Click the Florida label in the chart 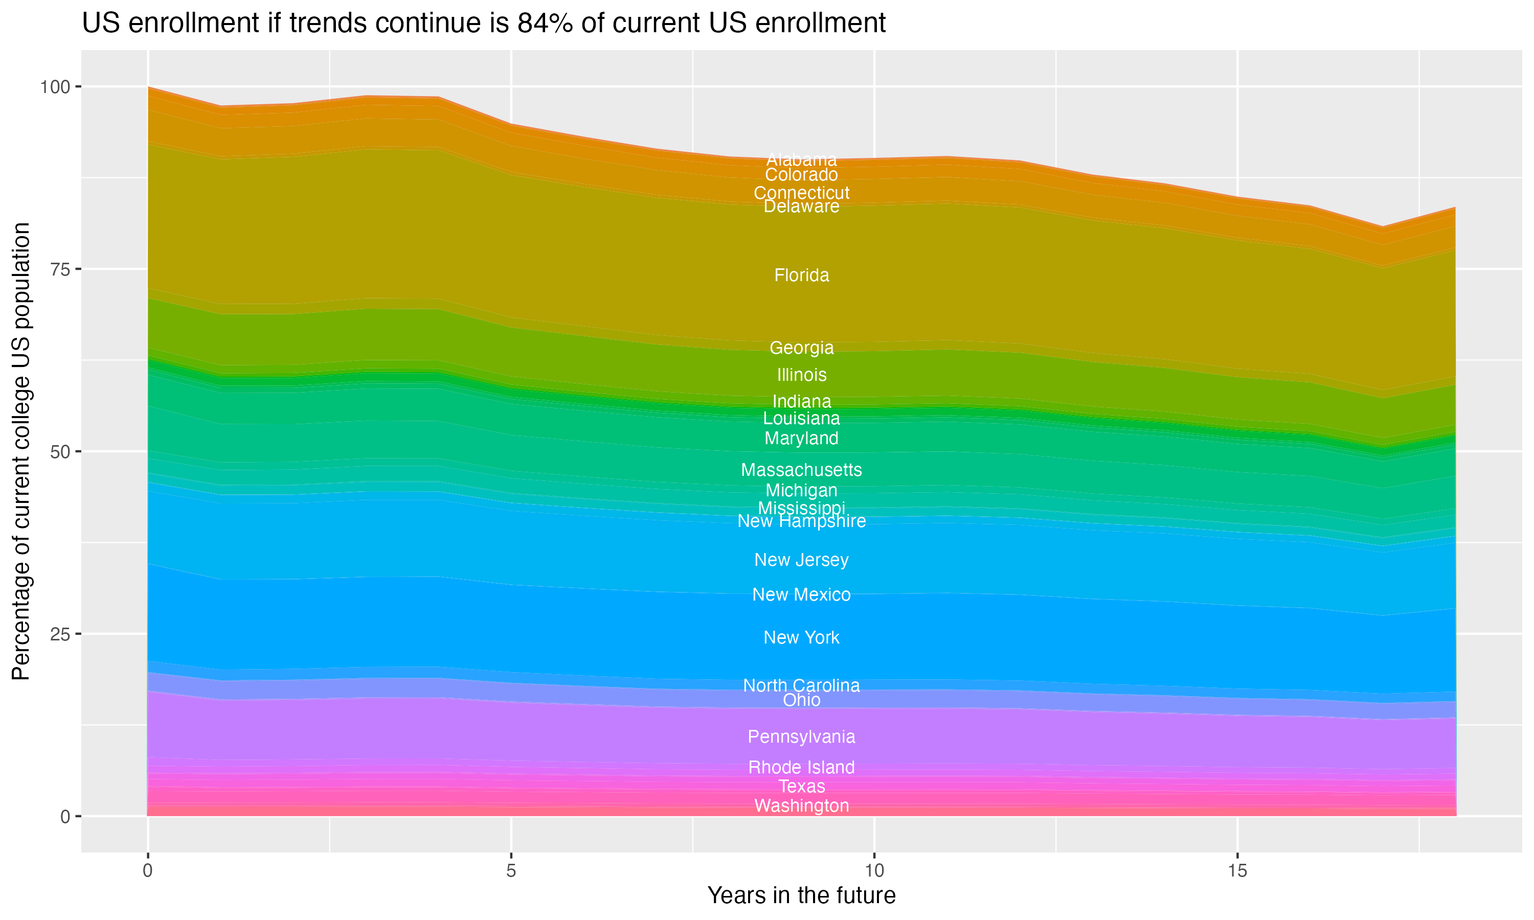pyautogui.click(x=801, y=275)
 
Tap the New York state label pyautogui.click(x=801, y=637)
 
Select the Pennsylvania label pyautogui.click(x=801, y=737)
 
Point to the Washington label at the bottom pyautogui.click(x=801, y=806)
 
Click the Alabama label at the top pyautogui.click(x=801, y=159)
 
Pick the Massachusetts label pyautogui.click(x=801, y=470)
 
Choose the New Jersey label pyautogui.click(x=801, y=560)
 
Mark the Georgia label pyautogui.click(x=801, y=348)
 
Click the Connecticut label pyautogui.click(x=801, y=193)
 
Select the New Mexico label pyautogui.click(x=801, y=594)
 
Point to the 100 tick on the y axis pyautogui.click(x=55, y=87)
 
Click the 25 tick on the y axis pyautogui.click(x=61, y=634)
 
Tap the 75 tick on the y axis pyautogui.click(x=61, y=269)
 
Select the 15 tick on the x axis pyautogui.click(x=1237, y=871)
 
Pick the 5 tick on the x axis pyautogui.click(x=511, y=871)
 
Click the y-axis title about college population pyautogui.click(x=21, y=451)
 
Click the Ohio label pyautogui.click(x=801, y=700)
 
